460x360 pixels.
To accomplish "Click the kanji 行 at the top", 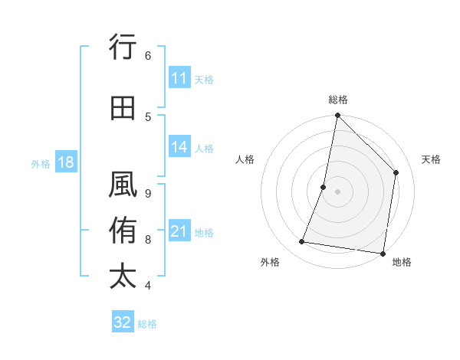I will [123, 47].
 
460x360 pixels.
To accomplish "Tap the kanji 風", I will [123, 186].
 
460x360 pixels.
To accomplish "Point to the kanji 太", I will [123, 277].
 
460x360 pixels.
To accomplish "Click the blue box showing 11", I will [179, 78].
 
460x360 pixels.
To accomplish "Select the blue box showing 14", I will [179, 147].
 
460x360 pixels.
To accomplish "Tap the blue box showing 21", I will [179, 232].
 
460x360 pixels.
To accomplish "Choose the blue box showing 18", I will [64, 163].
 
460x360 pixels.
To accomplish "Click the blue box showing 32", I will [123, 322].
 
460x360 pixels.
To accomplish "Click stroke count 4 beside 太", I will [148, 286].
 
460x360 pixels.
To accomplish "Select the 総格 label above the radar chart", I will [337, 100].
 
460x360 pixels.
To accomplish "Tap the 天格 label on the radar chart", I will [431, 159].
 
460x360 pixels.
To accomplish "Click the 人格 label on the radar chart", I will [245, 159].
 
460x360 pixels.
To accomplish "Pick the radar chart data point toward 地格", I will [383, 253].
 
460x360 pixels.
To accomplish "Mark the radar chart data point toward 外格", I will [302, 242].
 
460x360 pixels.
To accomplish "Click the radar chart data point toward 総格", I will [337, 116].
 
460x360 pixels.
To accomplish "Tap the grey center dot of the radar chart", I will [337, 191].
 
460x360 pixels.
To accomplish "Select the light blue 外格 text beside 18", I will [41, 163].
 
